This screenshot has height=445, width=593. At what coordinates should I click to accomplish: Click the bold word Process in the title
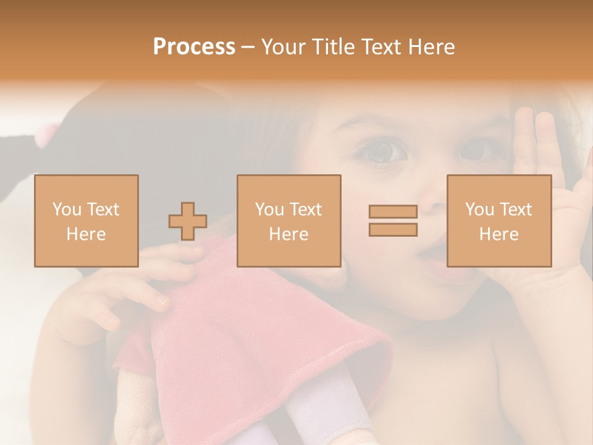click(x=194, y=47)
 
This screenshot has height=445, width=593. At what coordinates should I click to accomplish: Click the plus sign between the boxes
click(x=188, y=221)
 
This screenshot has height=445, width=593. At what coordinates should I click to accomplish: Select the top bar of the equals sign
click(x=393, y=212)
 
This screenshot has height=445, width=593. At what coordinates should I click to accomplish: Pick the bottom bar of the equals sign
click(x=393, y=230)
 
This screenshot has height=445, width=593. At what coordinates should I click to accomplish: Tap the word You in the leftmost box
click(x=66, y=210)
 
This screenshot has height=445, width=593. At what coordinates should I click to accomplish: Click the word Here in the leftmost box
click(x=86, y=234)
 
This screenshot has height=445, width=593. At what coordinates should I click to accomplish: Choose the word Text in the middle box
click(x=305, y=210)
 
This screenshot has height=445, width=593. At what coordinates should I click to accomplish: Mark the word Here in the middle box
click(x=288, y=234)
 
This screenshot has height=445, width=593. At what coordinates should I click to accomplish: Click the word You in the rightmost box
click(x=479, y=210)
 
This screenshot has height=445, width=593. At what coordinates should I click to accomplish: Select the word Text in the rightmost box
click(x=515, y=210)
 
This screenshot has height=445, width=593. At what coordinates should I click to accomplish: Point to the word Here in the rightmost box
click(x=498, y=234)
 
